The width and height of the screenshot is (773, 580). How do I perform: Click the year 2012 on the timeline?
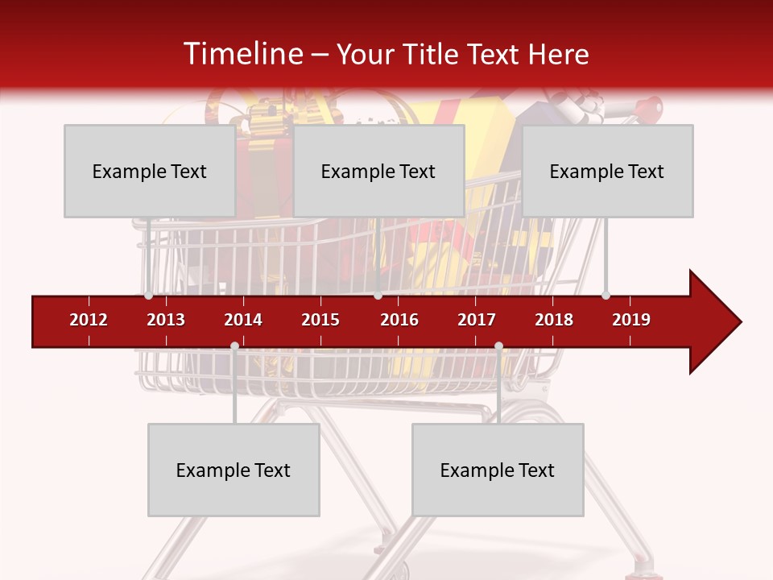tap(89, 320)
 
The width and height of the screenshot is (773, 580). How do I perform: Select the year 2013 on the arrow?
tap(166, 320)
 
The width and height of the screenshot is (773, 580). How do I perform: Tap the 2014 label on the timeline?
tap(243, 320)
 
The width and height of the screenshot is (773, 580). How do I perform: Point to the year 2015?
tap(320, 320)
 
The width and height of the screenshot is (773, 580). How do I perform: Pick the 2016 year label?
tap(399, 320)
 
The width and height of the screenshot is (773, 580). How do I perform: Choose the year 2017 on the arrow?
tap(477, 320)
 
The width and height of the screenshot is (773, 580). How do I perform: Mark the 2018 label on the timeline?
tap(554, 320)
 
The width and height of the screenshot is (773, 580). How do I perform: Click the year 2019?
tap(631, 320)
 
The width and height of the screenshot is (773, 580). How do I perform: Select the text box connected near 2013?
tap(150, 171)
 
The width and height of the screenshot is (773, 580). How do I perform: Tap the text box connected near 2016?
tap(378, 171)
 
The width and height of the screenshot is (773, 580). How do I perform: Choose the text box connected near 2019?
tap(607, 171)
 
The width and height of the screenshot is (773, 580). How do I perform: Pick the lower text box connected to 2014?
tap(234, 470)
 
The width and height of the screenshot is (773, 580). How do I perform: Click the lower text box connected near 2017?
tap(498, 470)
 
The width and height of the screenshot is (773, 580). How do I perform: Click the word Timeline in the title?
tap(242, 54)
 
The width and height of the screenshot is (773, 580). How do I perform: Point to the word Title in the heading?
tap(421, 54)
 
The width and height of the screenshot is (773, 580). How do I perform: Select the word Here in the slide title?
tap(558, 54)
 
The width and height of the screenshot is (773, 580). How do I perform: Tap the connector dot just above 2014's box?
tap(234, 346)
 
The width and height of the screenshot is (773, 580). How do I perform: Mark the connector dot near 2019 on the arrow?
tap(606, 295)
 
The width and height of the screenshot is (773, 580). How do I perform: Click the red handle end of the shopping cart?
tap(653, 106)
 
